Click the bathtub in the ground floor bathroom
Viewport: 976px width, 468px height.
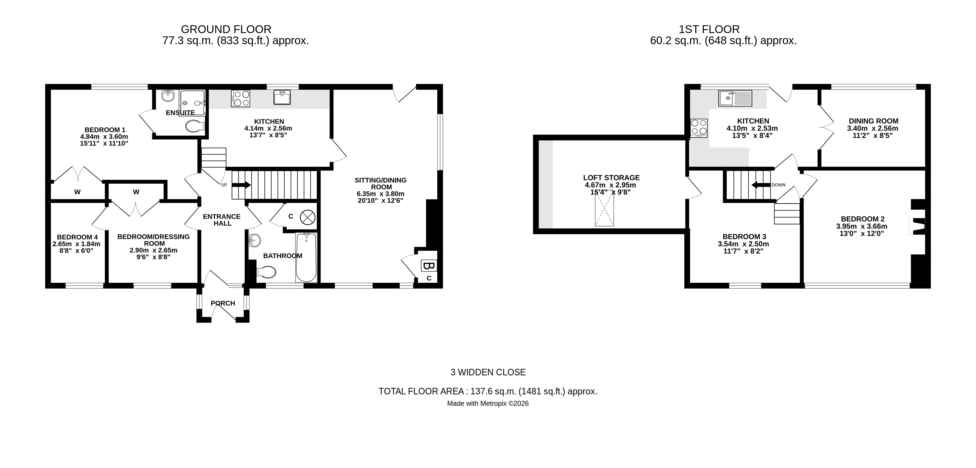(x=306, y=257)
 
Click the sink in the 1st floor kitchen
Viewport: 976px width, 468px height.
(x=735, y=98)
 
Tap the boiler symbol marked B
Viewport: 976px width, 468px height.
(x=429, y=266)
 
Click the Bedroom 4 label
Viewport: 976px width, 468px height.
(x=77, y=237)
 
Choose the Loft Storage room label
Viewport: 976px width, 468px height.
(x=611, y=178)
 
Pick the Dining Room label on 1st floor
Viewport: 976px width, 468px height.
(x=873, y=121)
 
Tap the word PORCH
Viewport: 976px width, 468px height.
(x=223, y=303)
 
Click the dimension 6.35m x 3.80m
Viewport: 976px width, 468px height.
(x=380, y=194)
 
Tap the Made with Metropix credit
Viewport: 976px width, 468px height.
(x=488, y=404)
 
